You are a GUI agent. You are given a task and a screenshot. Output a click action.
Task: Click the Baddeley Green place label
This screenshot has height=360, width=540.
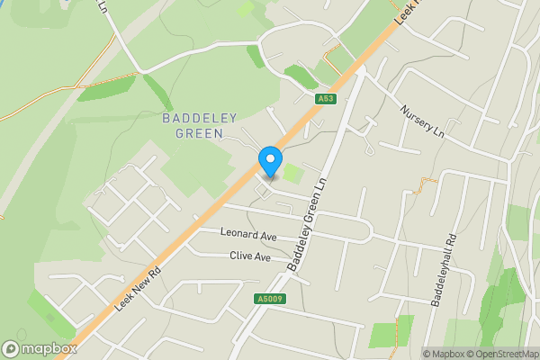[192, 126]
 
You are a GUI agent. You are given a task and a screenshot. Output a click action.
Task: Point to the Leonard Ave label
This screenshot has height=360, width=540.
[249, 235]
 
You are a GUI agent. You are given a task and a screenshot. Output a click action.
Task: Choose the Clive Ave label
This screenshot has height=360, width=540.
[249, 256]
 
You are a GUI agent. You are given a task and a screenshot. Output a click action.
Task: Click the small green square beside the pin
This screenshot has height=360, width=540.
[292, 172]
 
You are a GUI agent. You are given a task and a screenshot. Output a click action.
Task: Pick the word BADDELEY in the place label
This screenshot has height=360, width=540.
[192, 118]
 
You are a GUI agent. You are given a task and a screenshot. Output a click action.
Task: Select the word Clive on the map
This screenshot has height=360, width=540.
[240, 256]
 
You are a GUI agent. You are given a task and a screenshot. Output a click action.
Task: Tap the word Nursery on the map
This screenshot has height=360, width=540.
[417, 117]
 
